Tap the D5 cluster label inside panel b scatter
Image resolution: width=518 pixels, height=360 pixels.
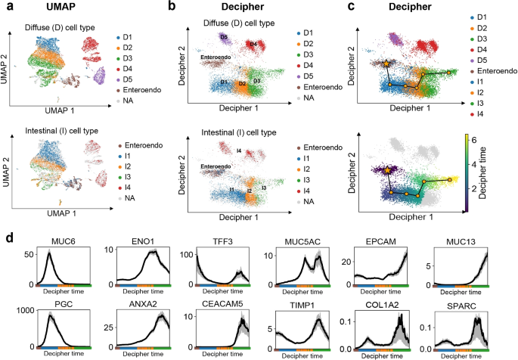225,36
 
